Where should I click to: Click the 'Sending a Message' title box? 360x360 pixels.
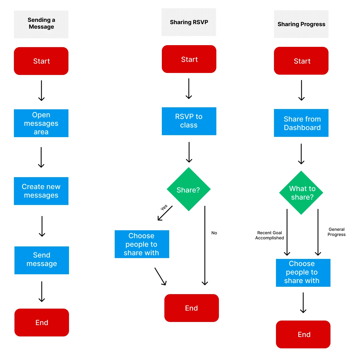tap(41, 24)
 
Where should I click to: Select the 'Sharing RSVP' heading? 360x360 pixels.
tap(189, 22)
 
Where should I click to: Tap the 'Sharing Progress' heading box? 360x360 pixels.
tap(301, 24)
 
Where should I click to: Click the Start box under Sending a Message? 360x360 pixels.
tap(41, 61)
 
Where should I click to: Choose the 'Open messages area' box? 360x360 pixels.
tap(41, 123)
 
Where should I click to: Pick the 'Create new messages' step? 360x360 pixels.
tap(41, 191)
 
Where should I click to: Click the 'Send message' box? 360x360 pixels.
tap(42, 260)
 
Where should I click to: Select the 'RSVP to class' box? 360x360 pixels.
tap(189, 121)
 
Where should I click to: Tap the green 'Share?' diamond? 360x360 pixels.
tap(189, 189)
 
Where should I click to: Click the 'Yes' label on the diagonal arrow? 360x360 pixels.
tap(164, 207)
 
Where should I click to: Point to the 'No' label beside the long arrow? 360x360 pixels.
tap(214, 233)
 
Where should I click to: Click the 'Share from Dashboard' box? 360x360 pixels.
tap(301, 123)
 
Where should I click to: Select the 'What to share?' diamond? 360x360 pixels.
tap(301, 192)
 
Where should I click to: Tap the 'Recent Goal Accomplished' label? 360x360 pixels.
tap(269, 235)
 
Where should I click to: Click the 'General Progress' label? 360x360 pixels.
tap(336, 232)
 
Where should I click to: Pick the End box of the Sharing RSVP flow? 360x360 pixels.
tap(191, 308)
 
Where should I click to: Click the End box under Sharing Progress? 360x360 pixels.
tap(303, 334)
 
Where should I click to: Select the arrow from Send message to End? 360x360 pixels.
tap(42, 292)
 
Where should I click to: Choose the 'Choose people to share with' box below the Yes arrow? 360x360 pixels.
tap(142, 244)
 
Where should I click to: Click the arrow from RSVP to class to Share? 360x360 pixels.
tap(189, 152)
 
